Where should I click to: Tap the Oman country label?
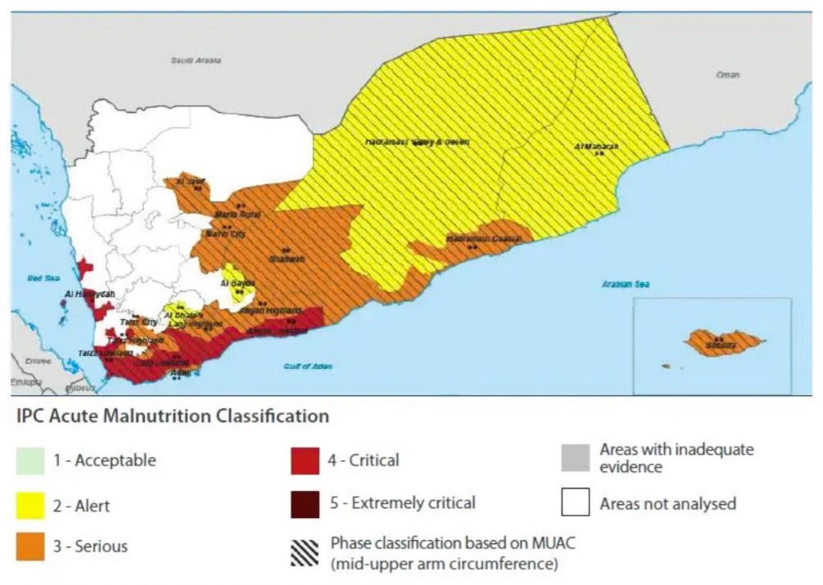coord(728,74)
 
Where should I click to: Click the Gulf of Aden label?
coord(308,367)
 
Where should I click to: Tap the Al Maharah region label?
coord(596,147)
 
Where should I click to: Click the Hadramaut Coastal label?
coord(484,239)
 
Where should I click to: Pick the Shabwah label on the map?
coord(287,259)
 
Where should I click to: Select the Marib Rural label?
coord(237,214)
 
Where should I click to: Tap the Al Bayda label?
coord(234,283)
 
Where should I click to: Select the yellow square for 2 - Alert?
coord(30,506)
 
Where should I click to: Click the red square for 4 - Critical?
coord(305,461)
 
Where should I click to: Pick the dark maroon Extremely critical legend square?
coord(305,503)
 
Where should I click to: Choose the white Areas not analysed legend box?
coord(575,503)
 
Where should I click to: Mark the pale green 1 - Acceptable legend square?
coord(30,461)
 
